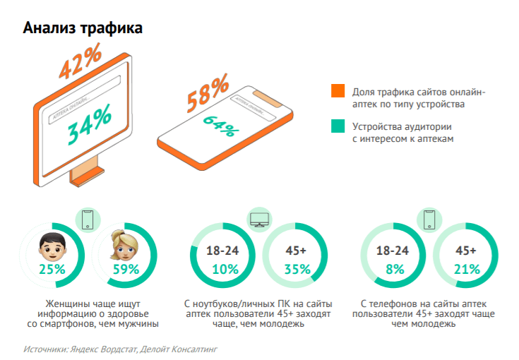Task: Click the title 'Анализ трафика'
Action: click(x=83, y=28)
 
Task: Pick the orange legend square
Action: click(x=338, y=92)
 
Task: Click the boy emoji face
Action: click(x=51, y=249)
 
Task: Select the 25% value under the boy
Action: click(x=52, y=269)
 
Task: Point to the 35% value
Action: click(x=296, y=269)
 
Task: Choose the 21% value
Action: click(x=467, y=269)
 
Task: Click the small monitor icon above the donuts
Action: click(x=259, y=220)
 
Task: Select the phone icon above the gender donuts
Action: click(x=88, y=220)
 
